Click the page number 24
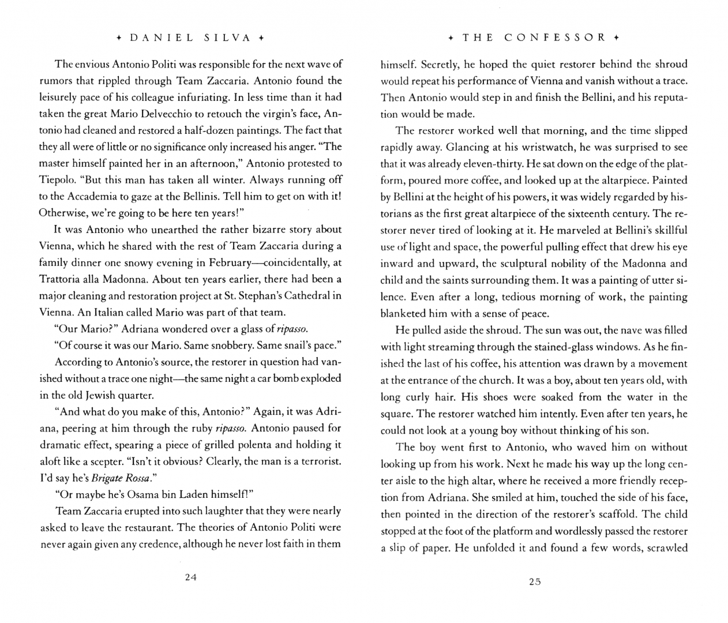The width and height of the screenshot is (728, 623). pyautogui.click(x=191, y=577)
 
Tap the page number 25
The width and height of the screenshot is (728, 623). pyautogui.click(x=535, y=581)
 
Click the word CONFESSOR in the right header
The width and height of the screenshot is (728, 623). pyautogui.click(x=555, y=38)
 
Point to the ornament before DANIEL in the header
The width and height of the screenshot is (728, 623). pyautogui.click(x=118, y=38)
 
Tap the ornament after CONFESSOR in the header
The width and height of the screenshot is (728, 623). pyautogui.click(x=616, y=38)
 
